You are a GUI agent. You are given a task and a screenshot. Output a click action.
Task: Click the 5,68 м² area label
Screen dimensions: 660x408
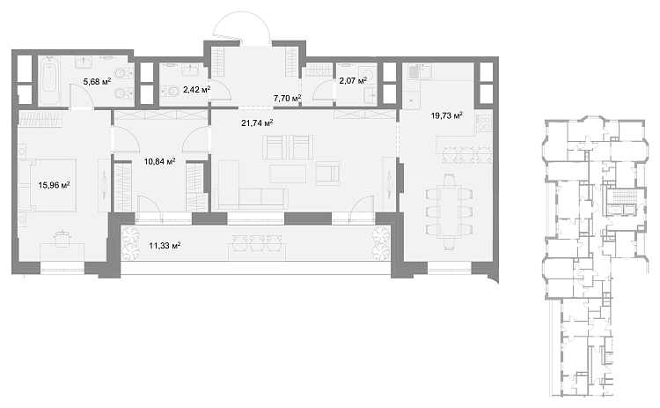(x=97, y=81)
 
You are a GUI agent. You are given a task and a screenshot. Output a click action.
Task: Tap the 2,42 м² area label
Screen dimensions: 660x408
(x=196, y=89)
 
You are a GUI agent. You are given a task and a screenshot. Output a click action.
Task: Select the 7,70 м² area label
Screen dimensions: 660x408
(x=287, y=98)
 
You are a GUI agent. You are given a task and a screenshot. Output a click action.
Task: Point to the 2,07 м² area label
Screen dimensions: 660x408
(x=353, y=80)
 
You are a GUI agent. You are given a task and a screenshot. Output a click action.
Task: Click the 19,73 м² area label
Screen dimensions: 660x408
(x=446, y=115)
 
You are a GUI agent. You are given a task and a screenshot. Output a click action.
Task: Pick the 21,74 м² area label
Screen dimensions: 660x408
(x=257, y=122)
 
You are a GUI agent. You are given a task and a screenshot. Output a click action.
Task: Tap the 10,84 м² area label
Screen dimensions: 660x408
(x=159, y=161)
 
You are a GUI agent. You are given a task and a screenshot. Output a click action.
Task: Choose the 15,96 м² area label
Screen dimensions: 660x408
(x=54, y=184)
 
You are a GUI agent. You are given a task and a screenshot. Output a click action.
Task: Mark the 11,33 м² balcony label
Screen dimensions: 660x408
(x=165, y=245)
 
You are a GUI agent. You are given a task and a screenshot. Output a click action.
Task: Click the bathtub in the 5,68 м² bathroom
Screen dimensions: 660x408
(x=49, y=80)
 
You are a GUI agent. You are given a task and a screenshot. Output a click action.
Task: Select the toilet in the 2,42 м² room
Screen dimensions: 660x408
(x=170, y=90)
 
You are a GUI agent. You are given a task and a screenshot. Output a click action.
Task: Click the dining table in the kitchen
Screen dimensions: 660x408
(x=449, y=211)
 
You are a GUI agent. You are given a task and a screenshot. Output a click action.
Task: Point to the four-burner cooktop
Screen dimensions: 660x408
(x=484, y=122)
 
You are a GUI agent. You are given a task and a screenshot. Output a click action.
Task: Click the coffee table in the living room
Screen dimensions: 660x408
(x=288, y=174)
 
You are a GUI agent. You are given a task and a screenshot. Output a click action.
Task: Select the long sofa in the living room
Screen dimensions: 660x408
(x=251, y=199)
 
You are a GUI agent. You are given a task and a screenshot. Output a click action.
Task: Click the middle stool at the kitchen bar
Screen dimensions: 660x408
(x=467, y=154)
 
